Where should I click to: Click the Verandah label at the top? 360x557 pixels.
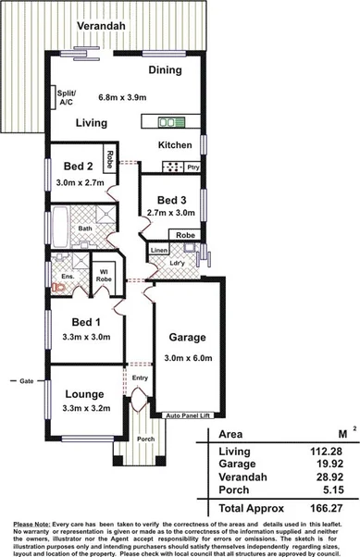tap(101, 27)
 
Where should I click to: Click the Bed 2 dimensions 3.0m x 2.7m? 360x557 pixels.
tap(77, 183)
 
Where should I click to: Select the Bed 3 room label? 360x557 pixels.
tap(172, 200)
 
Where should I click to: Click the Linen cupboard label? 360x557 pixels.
tap(158, 251)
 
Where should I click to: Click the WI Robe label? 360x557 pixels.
tap(103, 274)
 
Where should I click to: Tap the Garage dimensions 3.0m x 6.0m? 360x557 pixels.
tap(187, 357)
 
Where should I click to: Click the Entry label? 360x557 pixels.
tap(140, 378)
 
